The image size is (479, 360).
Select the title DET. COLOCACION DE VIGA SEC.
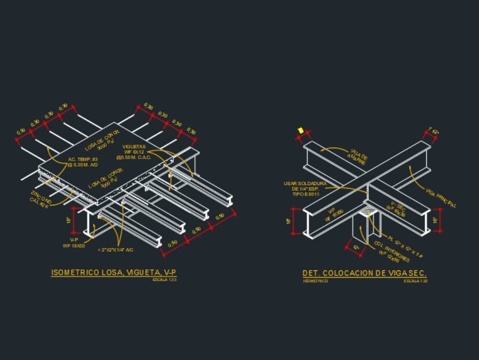tap(365, 273)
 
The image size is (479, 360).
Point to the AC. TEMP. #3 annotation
tap(82, 162)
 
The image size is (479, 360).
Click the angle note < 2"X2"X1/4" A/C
tap(115, 249)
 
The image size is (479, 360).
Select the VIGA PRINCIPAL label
tap(440, 198)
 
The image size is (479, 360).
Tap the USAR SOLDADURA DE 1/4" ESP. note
tap(305, 189)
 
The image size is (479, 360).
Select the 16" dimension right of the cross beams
tap(435, 220)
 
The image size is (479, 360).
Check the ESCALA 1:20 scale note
tap(415, 281)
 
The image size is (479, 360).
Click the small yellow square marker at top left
tap(301, 130)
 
